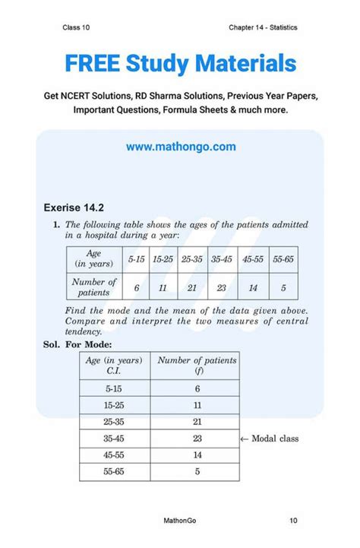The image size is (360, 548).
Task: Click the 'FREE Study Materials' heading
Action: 180,63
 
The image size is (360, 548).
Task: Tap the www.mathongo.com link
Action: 181,147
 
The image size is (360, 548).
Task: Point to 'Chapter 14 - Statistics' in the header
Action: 263,28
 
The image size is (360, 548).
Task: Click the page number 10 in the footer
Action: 293,521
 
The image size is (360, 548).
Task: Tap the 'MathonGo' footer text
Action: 181,521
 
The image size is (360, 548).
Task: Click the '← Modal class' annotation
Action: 269,439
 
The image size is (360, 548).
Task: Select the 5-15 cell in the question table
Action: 137,259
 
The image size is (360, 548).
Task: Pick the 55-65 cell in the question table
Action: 283,259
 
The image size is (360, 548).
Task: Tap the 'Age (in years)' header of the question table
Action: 94,259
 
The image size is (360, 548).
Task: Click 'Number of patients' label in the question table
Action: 94,287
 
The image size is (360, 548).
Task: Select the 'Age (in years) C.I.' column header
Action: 115,366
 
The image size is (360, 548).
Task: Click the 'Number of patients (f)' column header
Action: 197,366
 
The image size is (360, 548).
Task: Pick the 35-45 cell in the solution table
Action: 115,439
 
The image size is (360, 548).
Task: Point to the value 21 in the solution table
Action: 197,421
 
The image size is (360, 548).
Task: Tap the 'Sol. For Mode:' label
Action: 74,344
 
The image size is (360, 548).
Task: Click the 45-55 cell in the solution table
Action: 115,456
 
